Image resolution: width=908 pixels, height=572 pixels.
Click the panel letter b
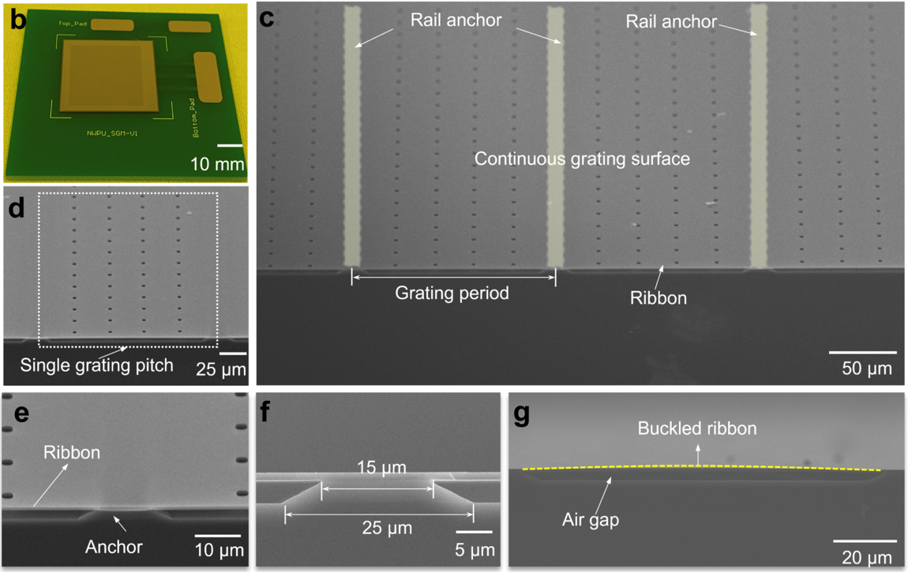pyautogui.click(x=17, y=19)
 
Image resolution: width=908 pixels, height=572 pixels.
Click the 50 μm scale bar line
pyautogui.click(x=862, y=352)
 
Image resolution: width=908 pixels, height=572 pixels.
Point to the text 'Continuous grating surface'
pyautogui.click(x=582, y=159)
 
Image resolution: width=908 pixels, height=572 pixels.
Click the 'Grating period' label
pyautogui.click(x=452, y=294)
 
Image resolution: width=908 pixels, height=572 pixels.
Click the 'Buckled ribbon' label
pyautogui.click(x=697, y=429)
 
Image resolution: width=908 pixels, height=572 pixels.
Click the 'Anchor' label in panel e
pyautogui.click(x=114, y=546)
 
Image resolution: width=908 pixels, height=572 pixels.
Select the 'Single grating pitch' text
pyautogui.click(x=96, y=365)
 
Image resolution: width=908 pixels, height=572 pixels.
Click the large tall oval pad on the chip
pyautogui.click(x=208, y=77)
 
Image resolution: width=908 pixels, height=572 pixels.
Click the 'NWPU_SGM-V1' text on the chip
pyautogui.click(x=108, y=133)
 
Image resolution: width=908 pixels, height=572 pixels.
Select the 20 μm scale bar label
pyautogui.click(x=866, y=558)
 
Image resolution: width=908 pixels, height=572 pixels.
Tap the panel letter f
pyautogui.click(x=265, y=411)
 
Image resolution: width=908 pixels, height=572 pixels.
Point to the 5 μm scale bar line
pyautogui.click(x=474, y=532)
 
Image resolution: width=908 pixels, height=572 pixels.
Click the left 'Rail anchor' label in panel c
pyautogui.click(x=456, y=21)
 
